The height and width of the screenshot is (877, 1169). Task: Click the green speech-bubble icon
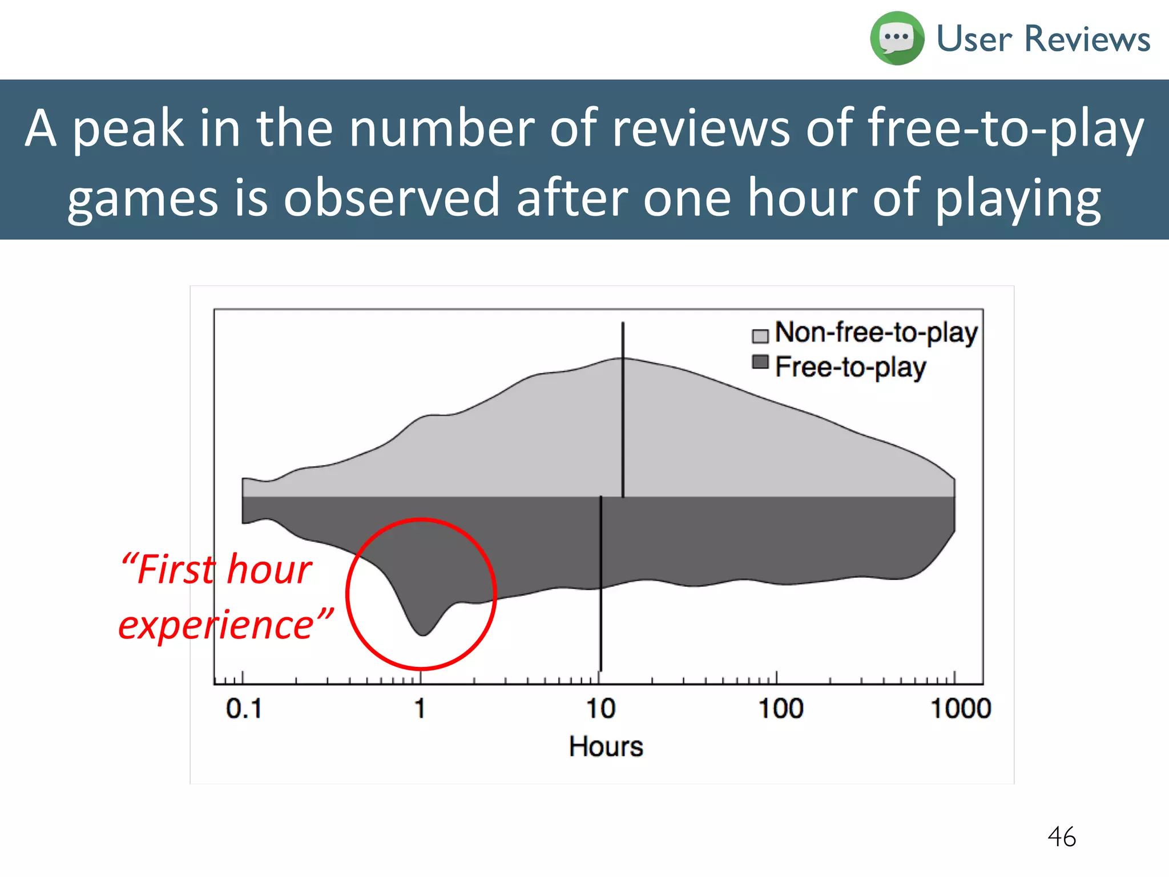(x=896, y=38)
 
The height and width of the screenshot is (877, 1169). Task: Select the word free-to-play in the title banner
(x=1006, y=129)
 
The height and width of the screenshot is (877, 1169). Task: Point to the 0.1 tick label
(x=244, y=709)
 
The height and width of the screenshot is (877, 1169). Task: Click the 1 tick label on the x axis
(x=420, y=709)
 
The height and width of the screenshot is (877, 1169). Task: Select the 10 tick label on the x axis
(x=600, y=709)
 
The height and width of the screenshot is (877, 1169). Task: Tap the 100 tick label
(x=780, y=709)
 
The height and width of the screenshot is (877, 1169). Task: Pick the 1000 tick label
(x=961, y=709)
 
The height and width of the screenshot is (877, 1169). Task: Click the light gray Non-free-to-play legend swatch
(x=760, y=336)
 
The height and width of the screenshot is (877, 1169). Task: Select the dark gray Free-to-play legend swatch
(x=760, y=362)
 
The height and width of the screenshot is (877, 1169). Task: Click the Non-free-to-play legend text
(x=876, y=332)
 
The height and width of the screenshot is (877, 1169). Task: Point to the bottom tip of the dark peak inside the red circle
(x=422, y=634)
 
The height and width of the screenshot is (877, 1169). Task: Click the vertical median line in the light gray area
(x=623, y=411)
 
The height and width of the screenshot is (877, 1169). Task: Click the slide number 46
(x=1061, y=837)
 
